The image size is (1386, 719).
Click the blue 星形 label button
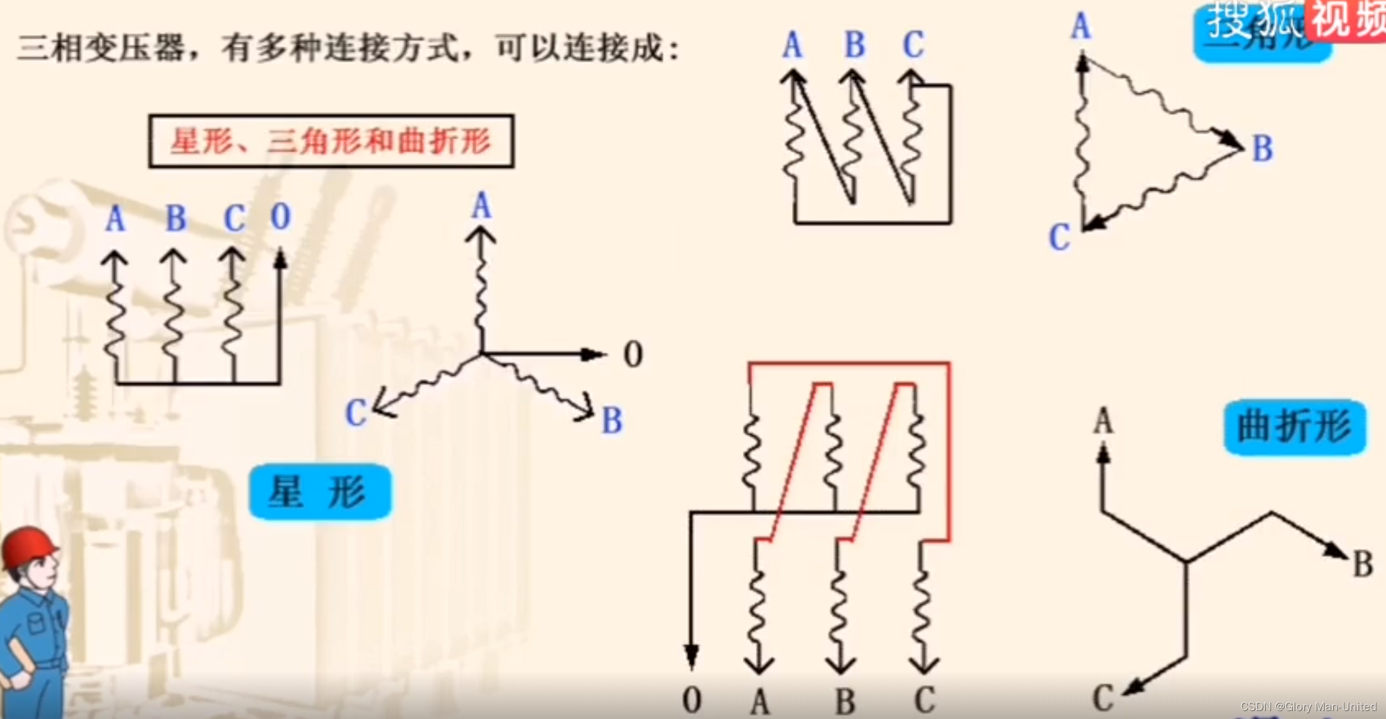click(319, 492)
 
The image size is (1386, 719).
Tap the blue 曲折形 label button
click(1294, 427)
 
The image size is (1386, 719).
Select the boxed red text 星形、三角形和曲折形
click(331, 141)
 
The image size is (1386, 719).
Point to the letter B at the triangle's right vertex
click(1263, 149)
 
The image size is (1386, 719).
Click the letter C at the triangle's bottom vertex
click(1059, 237)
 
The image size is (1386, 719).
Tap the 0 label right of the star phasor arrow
click(633, 355)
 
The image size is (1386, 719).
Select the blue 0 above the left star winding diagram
click(280, 217)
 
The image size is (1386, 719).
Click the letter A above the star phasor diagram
click(482, 206)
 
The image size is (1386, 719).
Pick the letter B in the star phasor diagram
click(612, 421)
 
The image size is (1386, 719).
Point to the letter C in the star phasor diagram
click(356, 413)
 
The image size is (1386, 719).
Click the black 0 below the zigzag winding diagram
click(692, 700)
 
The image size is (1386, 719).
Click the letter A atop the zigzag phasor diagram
click(1103, 422)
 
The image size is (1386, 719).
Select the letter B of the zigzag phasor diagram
click(1363, 564)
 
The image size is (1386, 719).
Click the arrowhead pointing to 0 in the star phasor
click(593, 354)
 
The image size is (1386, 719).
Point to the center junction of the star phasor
click(482, 354)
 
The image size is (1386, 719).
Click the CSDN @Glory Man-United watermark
click(1308, 707)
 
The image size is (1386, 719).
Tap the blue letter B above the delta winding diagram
click(855, 45)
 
